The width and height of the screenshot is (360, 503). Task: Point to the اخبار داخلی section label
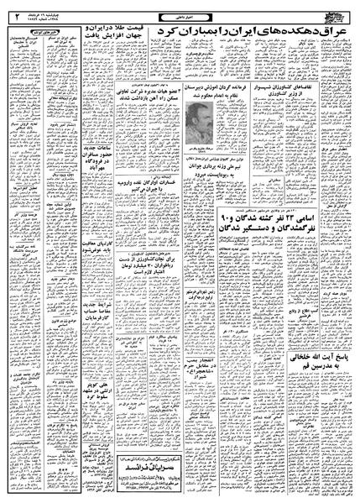[x=180, y=10]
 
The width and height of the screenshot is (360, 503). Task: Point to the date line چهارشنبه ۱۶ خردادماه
[x=51, y=10]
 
